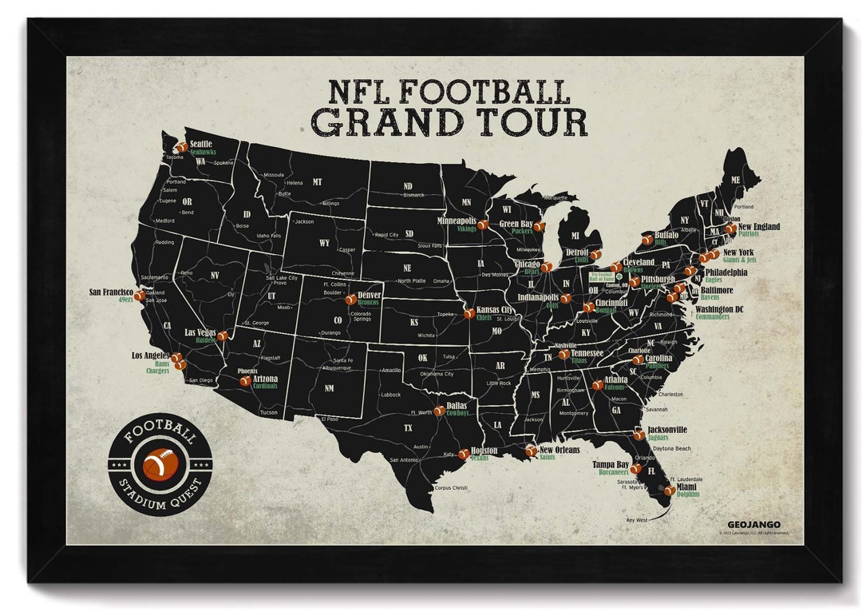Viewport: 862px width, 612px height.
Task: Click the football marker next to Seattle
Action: pyautogui.click(x=182, y=147)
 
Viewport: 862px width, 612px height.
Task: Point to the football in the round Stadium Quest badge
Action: pyautogui.click(x=160, y=463)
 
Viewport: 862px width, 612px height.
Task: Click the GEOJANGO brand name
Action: pyautogui.click(x=748, y=524)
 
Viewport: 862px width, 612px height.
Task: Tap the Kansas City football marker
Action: pyautogui.click(x=469, y=313)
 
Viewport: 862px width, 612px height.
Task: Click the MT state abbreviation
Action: pyautogui.click(x=317, y=182)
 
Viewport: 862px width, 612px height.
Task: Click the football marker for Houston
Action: pyautogui.click(x=464, y=454)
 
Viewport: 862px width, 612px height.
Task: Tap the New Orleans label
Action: pyautogui.click(x=560, y=450)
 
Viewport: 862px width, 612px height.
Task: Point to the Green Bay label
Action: pyautogui.click(x=516, y=224)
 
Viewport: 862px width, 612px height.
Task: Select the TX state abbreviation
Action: pyautogui.click(x=408, y=428)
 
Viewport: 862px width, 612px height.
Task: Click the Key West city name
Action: pyautogui.click(x=638, y=519)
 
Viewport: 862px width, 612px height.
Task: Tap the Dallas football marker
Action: pyautogui.click(x=439, y=411)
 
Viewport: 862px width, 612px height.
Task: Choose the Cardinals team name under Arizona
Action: pyautogui.click(x=265, y=386)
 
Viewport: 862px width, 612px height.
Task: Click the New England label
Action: pyautogui.click(x=759, y=227)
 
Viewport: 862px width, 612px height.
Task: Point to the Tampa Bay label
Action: pyautogui.click(x=611, y=464)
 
